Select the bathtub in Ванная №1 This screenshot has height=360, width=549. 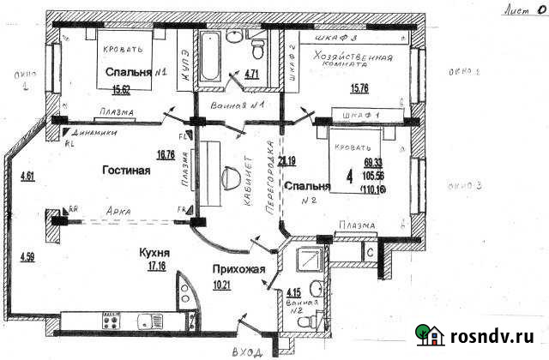point(209,57)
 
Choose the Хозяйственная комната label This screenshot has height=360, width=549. point(353,62)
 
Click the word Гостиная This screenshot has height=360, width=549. point(126,171)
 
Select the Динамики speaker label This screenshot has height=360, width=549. point(95,133)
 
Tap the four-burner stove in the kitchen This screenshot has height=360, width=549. point(112,323)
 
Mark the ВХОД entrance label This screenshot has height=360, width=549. point(244,351)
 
